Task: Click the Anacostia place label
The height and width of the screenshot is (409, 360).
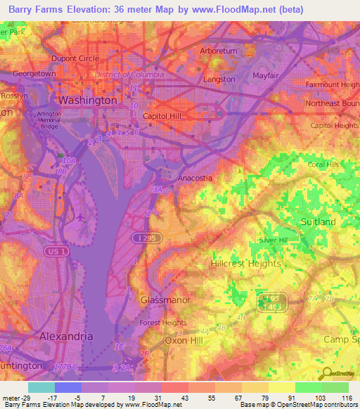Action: click(x=195, y=178)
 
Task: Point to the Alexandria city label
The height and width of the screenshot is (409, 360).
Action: click(x=65, y=336)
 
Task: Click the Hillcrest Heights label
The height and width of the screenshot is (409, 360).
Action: click(x=246, y=264)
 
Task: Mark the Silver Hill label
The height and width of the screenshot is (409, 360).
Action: click(x=275, y=240)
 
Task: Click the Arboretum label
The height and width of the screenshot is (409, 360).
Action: click(x=219, y=51)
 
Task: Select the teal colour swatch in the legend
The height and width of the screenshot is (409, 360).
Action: click(x=41, y=387)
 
